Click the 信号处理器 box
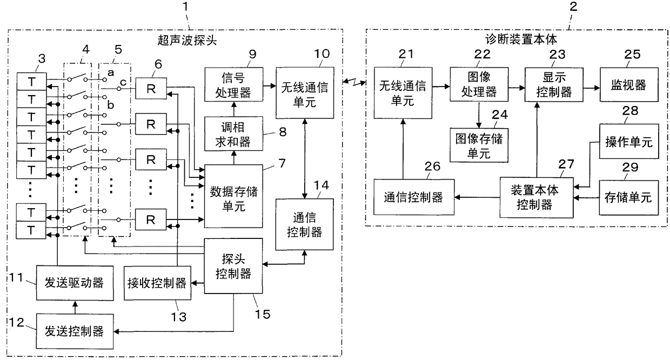click(x=233, y=84)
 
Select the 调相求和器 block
click(x=233, y=134)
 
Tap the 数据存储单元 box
click(x=233, y=196)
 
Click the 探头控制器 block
click(x=233, y=266)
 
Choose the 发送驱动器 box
click(x=75, y=283)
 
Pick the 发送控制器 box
click(x=75, y=331)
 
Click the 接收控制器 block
click(x=157, y=283)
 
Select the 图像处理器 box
click(x=479, y=84)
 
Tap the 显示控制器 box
click(x=554, y=85)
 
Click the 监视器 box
click(x=629, y=85)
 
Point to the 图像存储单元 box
click(x=479, y=145)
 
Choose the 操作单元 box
click(x=629, y=141)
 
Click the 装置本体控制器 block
click(x=537, y=197)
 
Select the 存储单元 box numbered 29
click(x=629, y=197)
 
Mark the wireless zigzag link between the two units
click(x=354, y=82)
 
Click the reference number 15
click(x=262, y=314)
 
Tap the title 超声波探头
click(x=187, y=40)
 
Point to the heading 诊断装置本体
click(x=521, y=39)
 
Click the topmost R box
click(x=151, y=89)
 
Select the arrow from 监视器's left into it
click(x=591, y=88)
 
